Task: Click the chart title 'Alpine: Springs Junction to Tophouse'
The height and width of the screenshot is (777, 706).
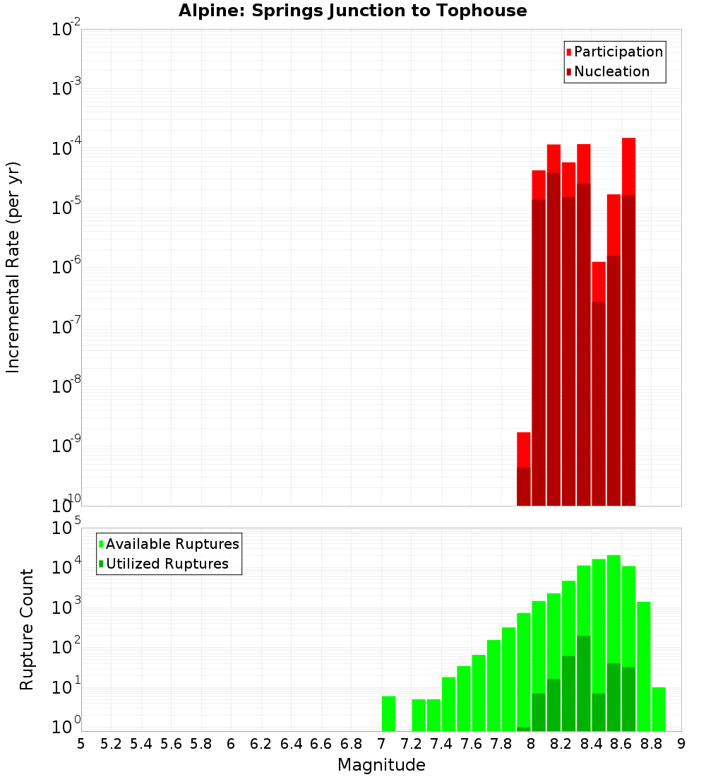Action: pos(352,11)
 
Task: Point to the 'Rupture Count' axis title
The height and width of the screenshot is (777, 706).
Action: pos(27,629)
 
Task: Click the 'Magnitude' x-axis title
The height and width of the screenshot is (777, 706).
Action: pos(381,765)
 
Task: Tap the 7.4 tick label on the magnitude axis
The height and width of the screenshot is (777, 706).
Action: pos(441,744)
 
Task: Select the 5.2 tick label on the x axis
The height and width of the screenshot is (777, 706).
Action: pos(111,744)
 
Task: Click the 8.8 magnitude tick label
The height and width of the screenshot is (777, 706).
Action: pos(651,744)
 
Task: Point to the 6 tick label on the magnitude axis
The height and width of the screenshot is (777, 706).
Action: pos(231,744)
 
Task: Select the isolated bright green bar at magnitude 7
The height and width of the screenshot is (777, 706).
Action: pos(388,713)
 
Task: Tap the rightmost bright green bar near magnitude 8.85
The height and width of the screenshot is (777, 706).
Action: pos(659,709)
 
